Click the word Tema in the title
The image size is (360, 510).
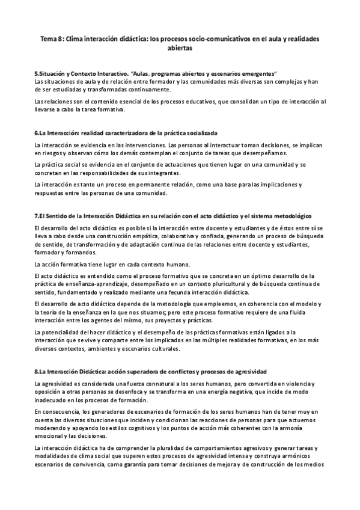pos(48,38)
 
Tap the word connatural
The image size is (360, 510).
pos(144,384)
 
